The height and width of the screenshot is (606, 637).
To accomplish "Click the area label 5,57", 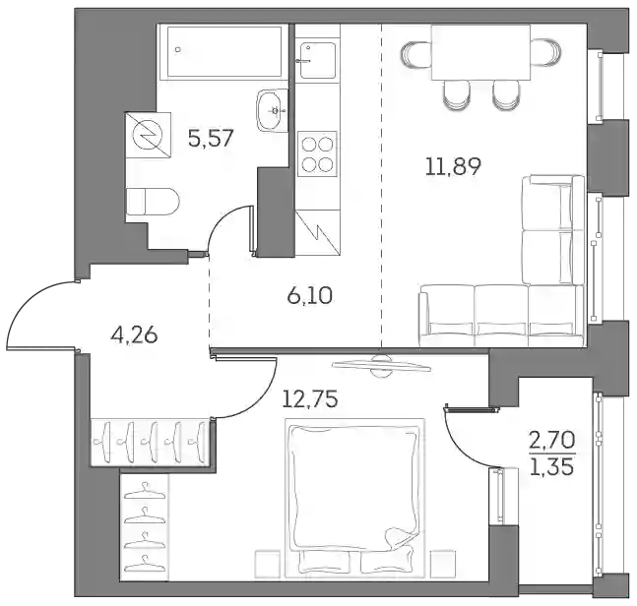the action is tap(211, 138).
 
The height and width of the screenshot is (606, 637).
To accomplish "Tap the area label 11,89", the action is tap(453, 166).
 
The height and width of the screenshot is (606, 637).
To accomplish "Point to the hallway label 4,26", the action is tap(134, 335).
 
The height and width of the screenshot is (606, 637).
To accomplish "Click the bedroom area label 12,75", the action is tap(310, 399).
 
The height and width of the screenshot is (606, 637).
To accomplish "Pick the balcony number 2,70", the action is tap(552, 441).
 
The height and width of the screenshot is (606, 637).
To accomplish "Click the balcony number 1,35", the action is tap(552, 466).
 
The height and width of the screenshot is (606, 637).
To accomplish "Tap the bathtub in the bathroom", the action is tap(224, 51).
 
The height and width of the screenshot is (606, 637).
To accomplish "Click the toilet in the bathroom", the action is tap(153, 202).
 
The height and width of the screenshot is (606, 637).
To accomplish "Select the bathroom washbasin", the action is tap(272, 110).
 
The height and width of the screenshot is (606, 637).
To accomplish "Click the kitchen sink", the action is tap(318, 59).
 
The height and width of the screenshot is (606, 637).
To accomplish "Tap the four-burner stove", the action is tap(317, 153).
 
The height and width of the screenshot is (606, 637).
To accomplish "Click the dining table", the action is tap(481, 52).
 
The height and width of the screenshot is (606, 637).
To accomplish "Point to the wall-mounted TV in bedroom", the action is tap(381, 365).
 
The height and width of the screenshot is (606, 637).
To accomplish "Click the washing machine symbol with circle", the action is tap(149, 135).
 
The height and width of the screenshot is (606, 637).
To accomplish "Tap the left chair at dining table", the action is tap(416, 52).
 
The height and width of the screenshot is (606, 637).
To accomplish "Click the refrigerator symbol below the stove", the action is tap(317, 232).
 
